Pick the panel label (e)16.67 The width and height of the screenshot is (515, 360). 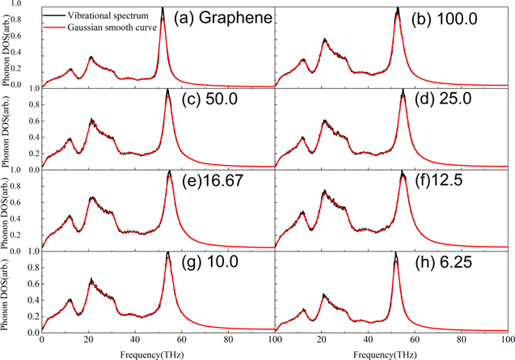pos(213,182)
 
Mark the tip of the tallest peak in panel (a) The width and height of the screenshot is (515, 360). pos(163,8)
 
